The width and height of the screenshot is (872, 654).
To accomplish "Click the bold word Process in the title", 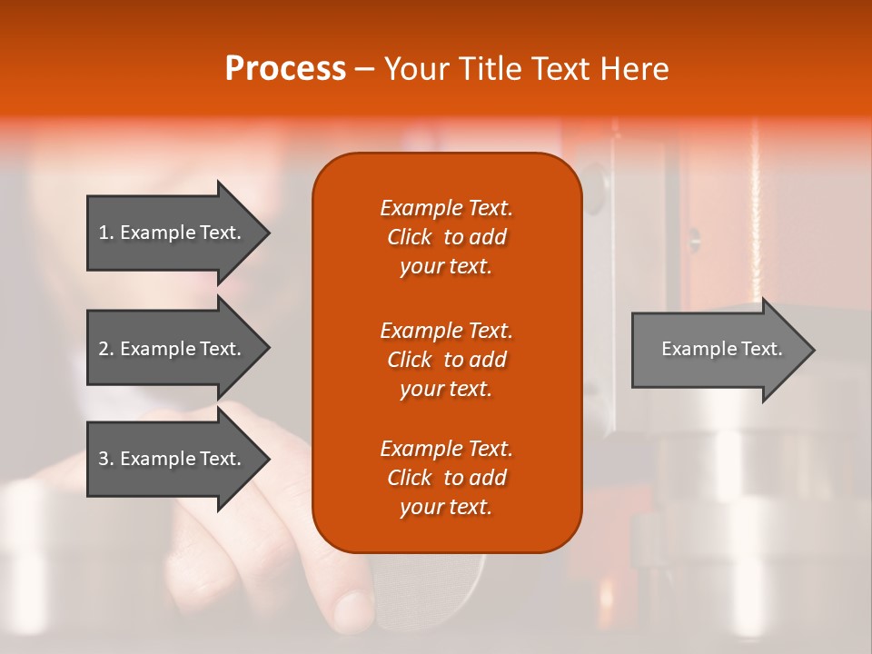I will [x=285, y=68].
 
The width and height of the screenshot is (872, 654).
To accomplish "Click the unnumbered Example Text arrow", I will [x=721, y=349].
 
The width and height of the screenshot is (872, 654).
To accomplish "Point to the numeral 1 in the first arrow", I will [x=103, y=233].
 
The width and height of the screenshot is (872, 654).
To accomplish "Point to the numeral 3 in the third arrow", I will [x=104, y=459].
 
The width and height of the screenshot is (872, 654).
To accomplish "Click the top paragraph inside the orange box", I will [x=446, y=237].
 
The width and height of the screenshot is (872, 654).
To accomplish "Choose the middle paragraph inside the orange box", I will [x=446, y=359].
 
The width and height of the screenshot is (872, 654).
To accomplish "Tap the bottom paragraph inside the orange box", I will [x=446, y=478].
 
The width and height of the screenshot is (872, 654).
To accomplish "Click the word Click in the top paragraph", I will [x=410, y=237].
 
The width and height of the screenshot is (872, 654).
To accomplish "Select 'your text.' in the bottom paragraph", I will [x=446, y=507].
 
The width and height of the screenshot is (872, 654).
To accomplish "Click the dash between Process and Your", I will [x=364, y=69].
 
